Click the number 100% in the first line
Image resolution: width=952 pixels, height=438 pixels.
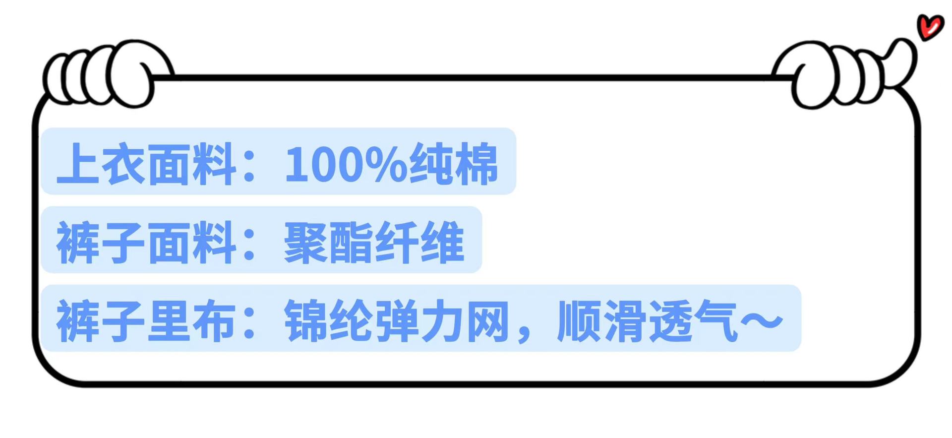click(345, 164)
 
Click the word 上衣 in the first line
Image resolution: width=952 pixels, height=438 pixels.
click(101, 164)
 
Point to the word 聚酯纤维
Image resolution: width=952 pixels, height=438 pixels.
click(374, 243)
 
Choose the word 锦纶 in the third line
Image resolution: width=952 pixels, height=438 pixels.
click(328, 321)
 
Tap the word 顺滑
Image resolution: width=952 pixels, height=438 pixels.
click(600, 321)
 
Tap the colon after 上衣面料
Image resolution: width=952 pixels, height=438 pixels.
click(249, 166)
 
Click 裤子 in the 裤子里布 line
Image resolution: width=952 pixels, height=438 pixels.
click(101, 321)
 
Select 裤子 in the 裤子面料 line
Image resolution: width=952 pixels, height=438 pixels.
click(101, 243)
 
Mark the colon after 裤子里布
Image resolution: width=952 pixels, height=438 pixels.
click(249, 323)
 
